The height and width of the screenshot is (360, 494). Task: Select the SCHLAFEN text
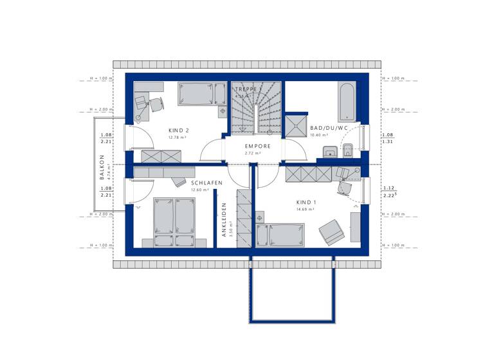206,183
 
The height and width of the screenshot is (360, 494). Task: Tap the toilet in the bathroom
347,152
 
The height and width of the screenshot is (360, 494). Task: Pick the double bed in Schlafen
174,218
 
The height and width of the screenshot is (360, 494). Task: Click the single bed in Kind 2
201,95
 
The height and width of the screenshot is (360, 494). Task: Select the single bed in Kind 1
280,235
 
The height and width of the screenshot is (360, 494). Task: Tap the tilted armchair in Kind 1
330,230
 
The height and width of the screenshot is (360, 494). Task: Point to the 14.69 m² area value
305,209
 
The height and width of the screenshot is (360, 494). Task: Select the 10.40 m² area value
319,136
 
